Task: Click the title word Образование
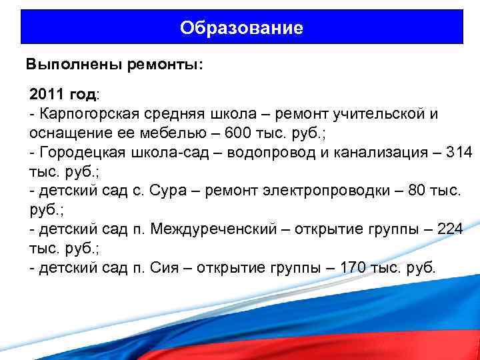click(x=241, y=28)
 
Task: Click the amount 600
click(x=239, y=133)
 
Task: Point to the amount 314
click(x=459, y=152)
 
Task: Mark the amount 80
click(x=416, y=191)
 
